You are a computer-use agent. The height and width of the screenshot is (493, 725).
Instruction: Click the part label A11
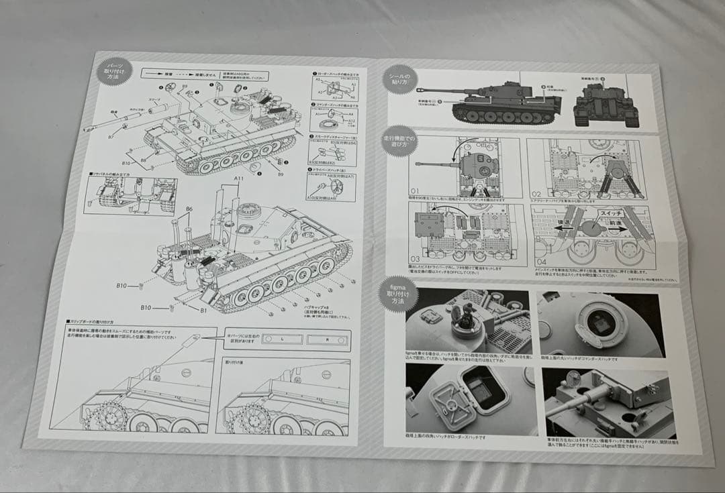coord(238,178)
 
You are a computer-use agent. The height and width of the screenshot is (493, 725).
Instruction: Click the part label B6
coord(189,209)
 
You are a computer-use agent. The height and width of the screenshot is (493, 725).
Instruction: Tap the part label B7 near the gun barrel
coord(111,137)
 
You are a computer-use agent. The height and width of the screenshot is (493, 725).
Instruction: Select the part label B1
coord(203,311)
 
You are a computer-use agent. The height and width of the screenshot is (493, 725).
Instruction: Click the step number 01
coord(415,190)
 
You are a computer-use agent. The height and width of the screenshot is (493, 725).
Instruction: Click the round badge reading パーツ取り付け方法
coord(111,70)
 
